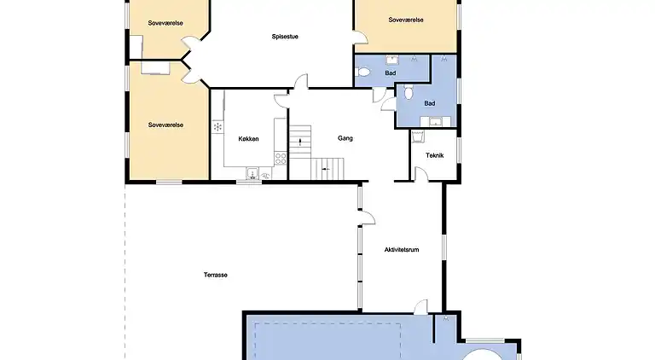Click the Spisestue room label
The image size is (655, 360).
pos(284,36)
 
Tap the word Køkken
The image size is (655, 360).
pos(249,139)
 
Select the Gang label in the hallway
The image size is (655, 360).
pos(345,138)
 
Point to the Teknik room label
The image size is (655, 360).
pos(435,155)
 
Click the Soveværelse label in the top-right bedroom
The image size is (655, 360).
pos(406,20)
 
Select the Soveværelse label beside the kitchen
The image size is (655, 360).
pos(165,125)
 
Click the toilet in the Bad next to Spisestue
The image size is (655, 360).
pos(364,74)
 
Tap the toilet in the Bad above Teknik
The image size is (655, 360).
pos(409,91)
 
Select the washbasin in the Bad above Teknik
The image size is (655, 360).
pos(436,120)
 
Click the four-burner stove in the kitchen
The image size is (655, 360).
pos(280,158)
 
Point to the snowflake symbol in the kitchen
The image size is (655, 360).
pos(217,127)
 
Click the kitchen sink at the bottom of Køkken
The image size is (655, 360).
pos(252,174)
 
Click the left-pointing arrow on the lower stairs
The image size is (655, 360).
pos(324,170)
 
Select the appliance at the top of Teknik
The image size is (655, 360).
pos(418,136)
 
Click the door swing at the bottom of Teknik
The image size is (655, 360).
pos(420,174)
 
